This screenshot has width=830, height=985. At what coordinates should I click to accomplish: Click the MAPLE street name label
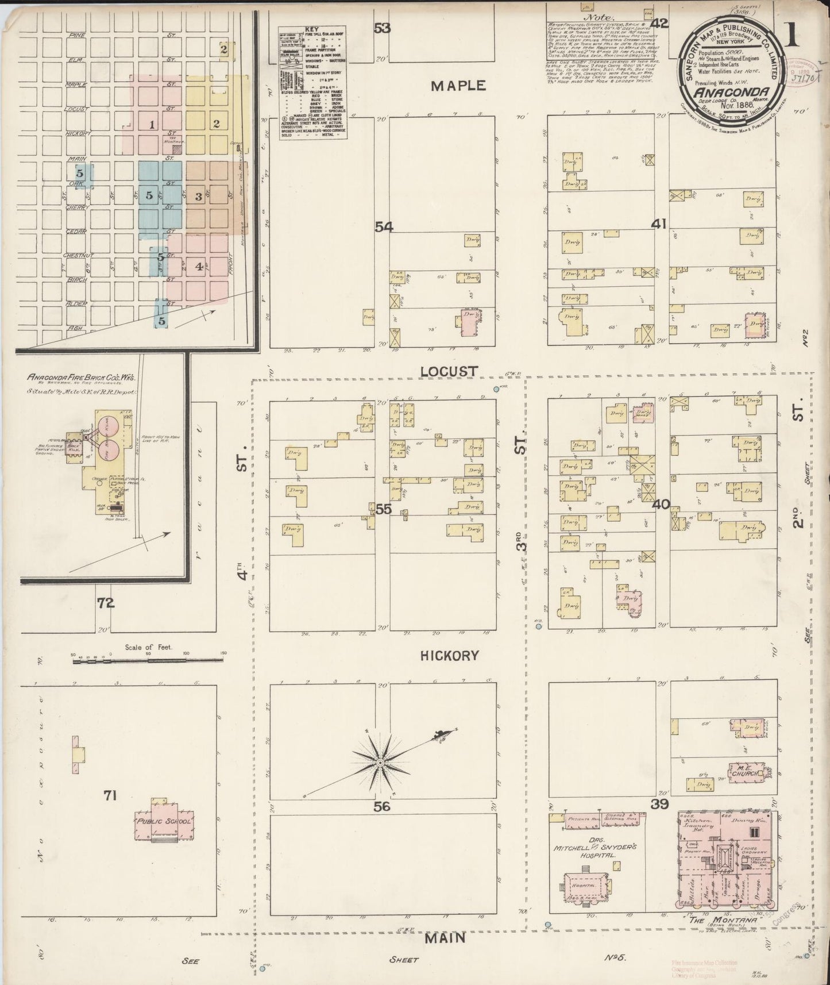458,86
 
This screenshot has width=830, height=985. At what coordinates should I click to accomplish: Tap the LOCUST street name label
449,372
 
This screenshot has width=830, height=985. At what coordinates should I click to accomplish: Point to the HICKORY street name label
449,655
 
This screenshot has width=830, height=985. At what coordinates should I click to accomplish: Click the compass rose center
380,762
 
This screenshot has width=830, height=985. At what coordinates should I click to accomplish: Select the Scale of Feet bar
148,661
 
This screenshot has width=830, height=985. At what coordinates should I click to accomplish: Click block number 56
382,806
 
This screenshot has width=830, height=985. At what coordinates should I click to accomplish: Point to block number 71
110,795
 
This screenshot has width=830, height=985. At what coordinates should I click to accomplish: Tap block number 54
384,227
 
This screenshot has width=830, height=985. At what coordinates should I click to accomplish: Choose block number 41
658,224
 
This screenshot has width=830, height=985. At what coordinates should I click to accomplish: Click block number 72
106,603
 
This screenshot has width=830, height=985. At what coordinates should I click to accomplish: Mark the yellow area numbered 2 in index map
217,124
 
